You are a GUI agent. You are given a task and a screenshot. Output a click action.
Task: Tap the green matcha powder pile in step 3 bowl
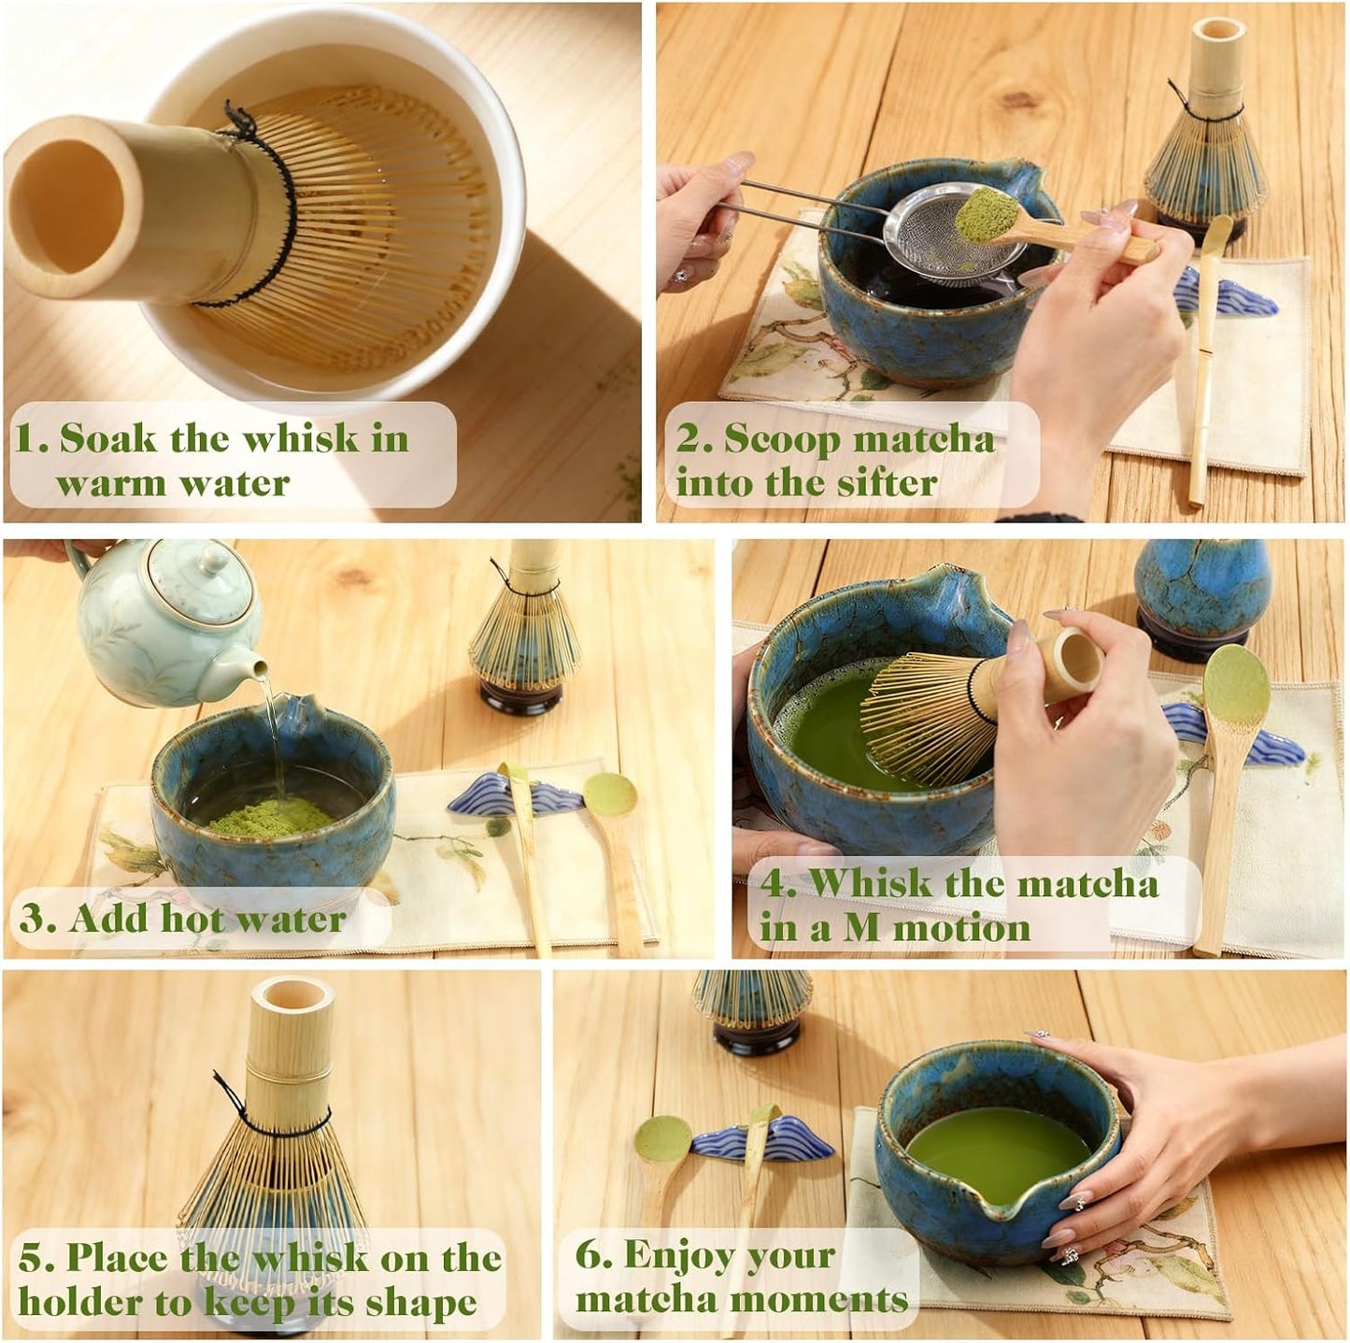271,817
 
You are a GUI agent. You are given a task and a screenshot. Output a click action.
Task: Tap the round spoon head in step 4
1236,687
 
